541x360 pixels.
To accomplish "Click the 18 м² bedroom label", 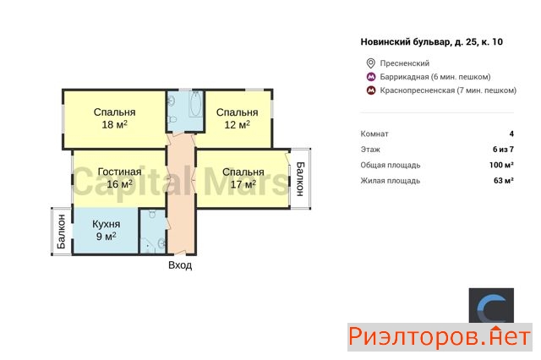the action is coord(115,118).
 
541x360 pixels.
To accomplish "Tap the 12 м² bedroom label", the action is coord(237,118).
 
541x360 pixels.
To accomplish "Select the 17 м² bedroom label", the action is coord(243,178).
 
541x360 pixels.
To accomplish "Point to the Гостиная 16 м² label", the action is coord(119,178).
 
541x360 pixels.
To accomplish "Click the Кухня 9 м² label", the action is coord(107,230).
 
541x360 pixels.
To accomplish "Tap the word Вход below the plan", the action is coord(180,265).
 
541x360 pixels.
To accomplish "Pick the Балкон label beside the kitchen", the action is coord(62,232).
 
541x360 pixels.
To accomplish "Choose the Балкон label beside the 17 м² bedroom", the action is coord(300,179).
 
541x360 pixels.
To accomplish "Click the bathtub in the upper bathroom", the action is coord(196,104).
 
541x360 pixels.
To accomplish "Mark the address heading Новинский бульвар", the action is coord(432,42).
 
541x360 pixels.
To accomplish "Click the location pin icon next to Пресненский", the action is coord(370,63).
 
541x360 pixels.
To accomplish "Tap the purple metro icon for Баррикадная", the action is coord(371,77).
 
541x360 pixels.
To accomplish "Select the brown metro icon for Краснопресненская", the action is coord(371,90).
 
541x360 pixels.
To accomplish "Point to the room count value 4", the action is coord(511,134).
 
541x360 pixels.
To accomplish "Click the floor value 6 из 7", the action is coord(504,150).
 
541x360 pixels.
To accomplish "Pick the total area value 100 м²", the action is coord(501,165).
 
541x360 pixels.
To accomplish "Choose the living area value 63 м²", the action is coord(504,180).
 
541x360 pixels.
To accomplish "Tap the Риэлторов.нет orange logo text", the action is coord(440,337).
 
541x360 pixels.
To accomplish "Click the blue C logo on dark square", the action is coord(491,306).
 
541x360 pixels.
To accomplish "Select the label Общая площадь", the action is coord(391,165).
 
